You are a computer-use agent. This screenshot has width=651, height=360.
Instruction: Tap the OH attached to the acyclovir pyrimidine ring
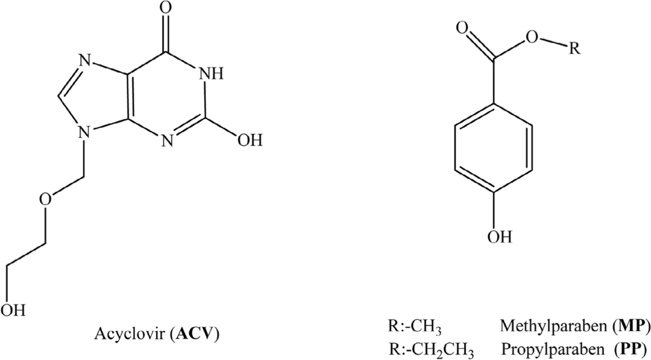pos(250,142)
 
